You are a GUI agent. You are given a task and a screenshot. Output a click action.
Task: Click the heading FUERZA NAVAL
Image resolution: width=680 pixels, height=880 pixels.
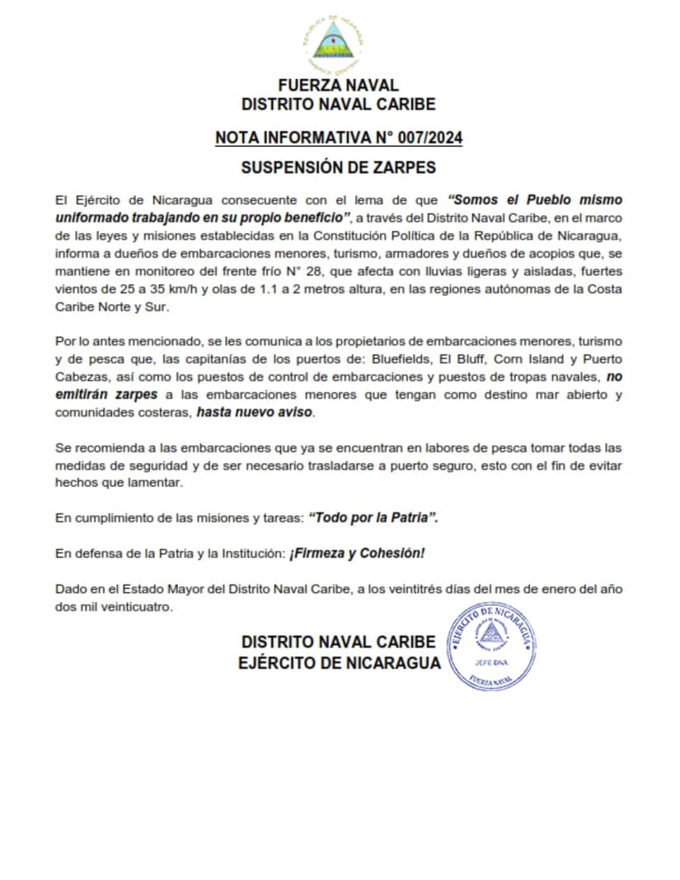[338, 85]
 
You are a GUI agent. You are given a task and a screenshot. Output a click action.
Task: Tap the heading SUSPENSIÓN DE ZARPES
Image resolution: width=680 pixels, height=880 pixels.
[338, 167]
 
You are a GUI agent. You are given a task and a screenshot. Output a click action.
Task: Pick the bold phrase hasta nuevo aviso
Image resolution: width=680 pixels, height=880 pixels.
[255, 413]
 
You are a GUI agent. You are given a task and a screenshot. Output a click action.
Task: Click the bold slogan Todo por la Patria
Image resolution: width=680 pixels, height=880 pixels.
[373, 518]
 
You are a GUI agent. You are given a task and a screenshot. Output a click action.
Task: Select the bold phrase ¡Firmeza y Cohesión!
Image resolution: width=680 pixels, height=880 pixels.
[357, 554]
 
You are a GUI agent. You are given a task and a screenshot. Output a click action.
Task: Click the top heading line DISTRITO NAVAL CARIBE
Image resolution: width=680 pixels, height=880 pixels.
[338, 105]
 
